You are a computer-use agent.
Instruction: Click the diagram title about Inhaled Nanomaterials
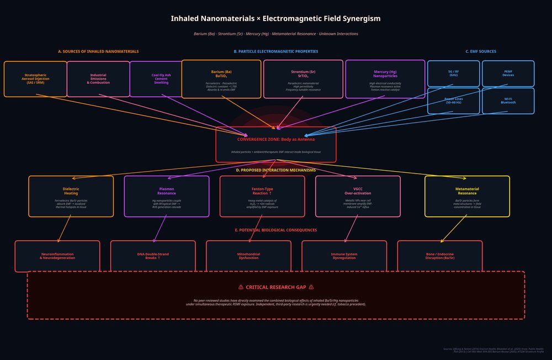click(x=275, y=19)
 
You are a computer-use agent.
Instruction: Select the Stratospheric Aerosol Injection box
click(x=35, y=79)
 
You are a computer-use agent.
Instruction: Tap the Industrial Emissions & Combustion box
click(x=98, y=79)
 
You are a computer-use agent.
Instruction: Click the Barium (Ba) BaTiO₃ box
click(x=221, y=79)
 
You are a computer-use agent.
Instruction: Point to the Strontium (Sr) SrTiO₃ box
click(x=303, y=79)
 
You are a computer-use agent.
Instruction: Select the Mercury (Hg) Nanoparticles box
click(x=385, y=79)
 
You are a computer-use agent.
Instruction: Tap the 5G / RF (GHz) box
click(x=453, y=73)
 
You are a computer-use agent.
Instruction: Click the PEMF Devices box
click(x=508, y=73)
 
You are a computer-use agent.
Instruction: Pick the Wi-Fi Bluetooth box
click(x=508, y=101)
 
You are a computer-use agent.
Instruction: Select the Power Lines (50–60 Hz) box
click(x=453, y=101)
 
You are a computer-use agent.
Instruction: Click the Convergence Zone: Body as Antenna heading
click(x=275, y=140)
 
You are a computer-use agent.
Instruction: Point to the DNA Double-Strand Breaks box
click(x=153, y=256)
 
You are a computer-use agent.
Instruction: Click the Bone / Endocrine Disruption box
click(x=439, y=256)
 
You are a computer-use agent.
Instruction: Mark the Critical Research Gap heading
click(x=275, y=287)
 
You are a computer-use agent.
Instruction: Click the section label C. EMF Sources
click(x=480, y=51)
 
